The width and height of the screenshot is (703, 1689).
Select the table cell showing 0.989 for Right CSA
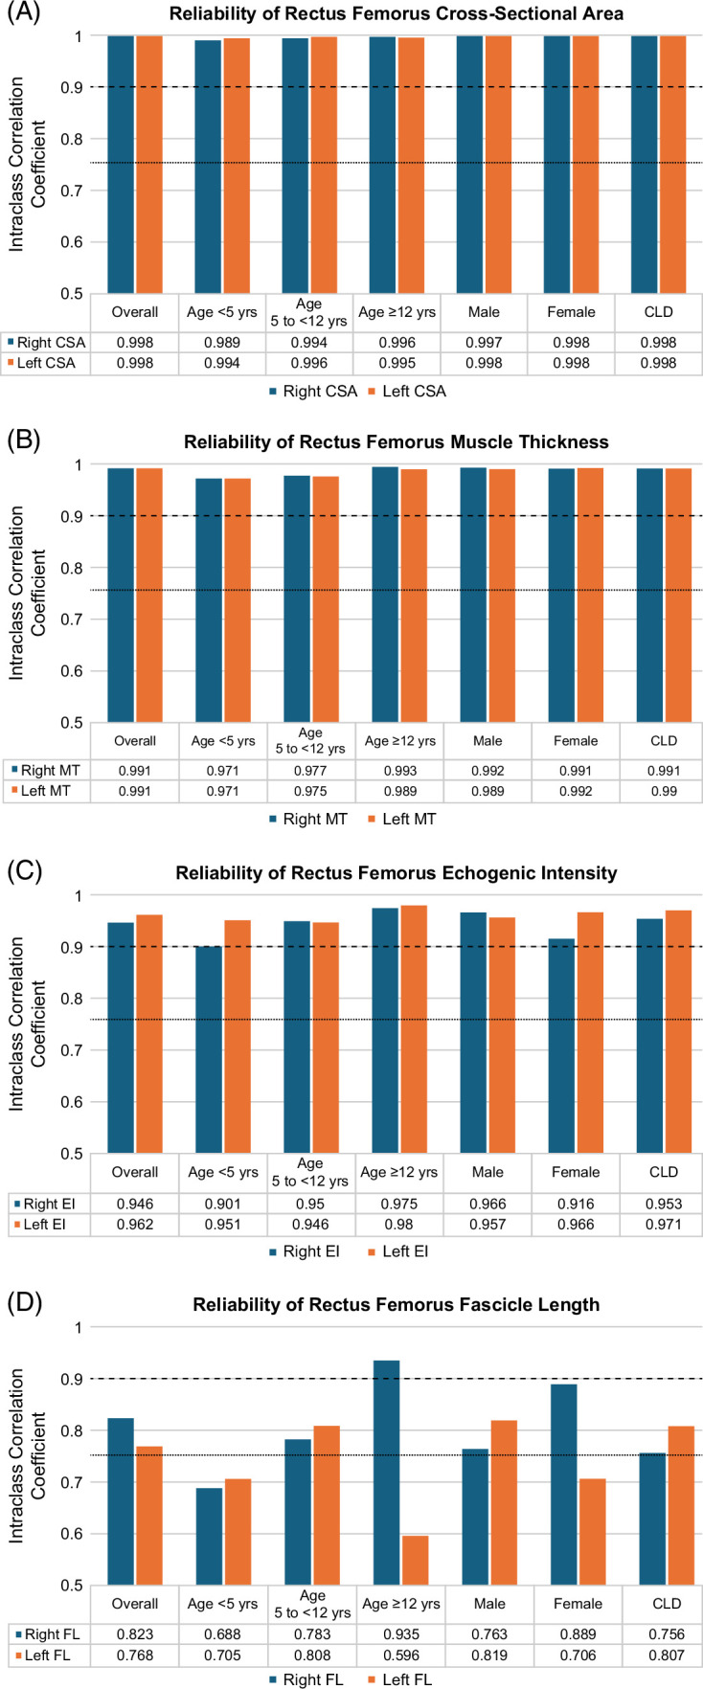(222, 343)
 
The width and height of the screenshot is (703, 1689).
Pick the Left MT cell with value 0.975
(309, 791)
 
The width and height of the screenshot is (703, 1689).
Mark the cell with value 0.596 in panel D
(398, 1655)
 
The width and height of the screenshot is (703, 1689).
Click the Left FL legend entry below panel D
(399, 1679)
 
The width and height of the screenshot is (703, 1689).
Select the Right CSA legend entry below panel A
(313, 391)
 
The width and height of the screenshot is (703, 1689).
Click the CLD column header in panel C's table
(663, 1172)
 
